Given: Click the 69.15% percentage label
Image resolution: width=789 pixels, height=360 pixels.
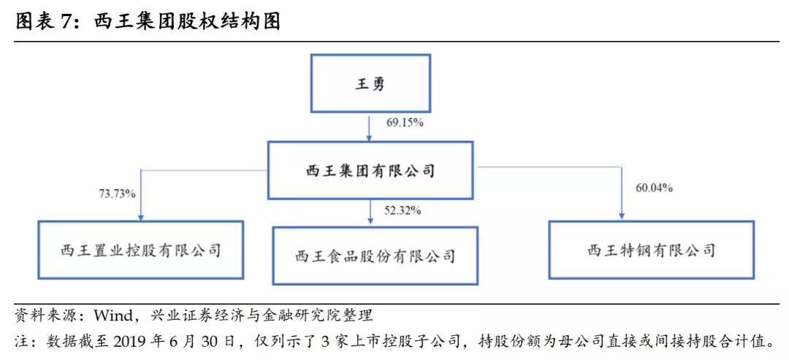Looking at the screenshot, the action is (405, 122).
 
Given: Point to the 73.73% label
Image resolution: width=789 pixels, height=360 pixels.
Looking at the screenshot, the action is (117, 193).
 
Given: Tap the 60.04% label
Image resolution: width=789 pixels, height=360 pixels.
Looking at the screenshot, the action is (654, 188).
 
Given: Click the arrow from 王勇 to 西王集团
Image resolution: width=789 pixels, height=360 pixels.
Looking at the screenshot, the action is (370, 127).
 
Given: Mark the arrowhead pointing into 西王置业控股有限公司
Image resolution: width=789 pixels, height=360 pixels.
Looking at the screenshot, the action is (141, 217).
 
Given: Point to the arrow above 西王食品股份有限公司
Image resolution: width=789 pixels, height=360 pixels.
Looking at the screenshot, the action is (370, 212).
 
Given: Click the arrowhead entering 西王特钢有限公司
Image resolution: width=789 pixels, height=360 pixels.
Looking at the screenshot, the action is (622, 217).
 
